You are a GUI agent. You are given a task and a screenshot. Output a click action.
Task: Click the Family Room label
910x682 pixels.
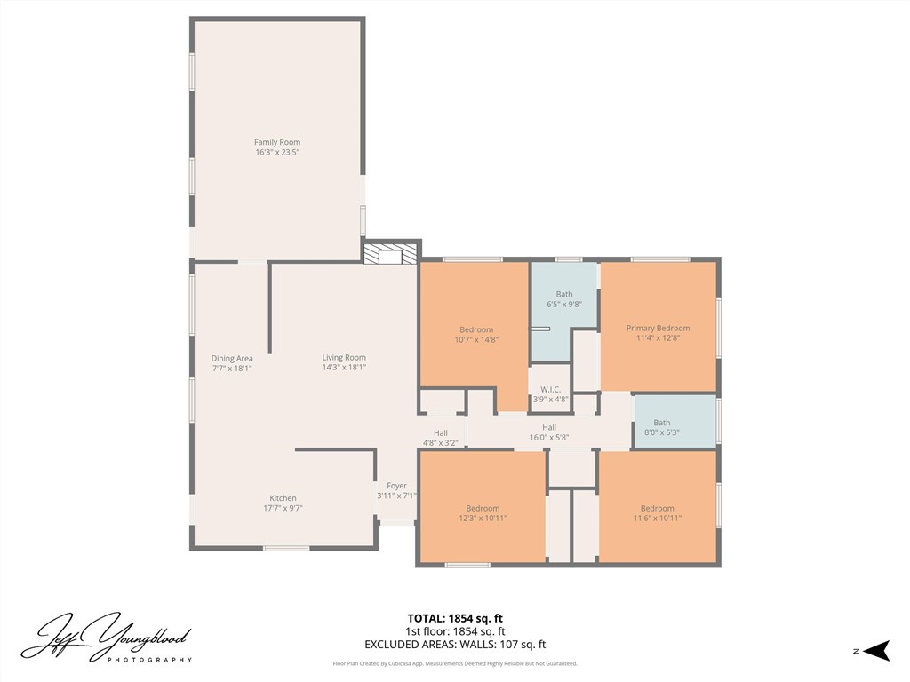point(277,142)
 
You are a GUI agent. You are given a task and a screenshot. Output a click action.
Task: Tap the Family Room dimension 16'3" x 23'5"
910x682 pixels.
point(277,153)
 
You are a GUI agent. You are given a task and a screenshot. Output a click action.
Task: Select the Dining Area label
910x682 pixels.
point(232,359)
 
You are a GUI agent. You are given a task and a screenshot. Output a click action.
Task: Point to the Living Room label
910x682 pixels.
point(344,357)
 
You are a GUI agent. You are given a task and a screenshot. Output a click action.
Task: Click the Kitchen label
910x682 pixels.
point(283,498)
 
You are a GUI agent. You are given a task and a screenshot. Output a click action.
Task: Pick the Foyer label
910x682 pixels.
point(397,486)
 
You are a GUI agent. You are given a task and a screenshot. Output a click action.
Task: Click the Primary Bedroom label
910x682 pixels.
point(659,329)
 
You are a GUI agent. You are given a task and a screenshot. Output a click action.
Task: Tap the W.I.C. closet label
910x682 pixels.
point(551,389)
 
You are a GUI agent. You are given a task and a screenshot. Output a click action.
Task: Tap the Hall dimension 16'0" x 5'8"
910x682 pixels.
point(549,437)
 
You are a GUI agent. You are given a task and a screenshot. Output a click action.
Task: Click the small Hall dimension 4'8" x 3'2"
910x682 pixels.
point(441,443)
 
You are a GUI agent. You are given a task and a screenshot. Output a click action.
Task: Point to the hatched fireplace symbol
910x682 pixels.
point(390,254)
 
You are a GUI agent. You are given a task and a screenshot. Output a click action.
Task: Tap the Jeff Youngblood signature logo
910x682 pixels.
point(107,638)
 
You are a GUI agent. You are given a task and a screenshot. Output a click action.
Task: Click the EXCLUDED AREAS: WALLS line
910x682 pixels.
point(455,645)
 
